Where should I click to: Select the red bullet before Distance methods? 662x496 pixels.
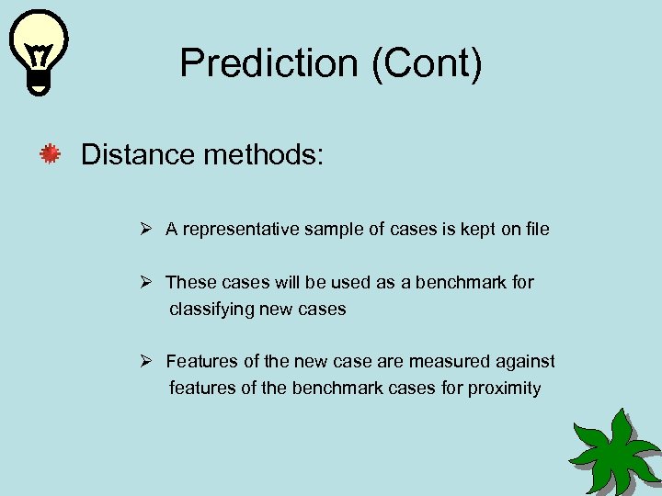[50, 154]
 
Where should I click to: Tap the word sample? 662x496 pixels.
[331, 230]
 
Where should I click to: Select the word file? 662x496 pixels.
[538, 230]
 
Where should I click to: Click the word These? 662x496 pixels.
[188, 282]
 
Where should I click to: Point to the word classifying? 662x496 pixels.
[211, 310]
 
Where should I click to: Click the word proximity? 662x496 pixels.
[505, 388]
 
